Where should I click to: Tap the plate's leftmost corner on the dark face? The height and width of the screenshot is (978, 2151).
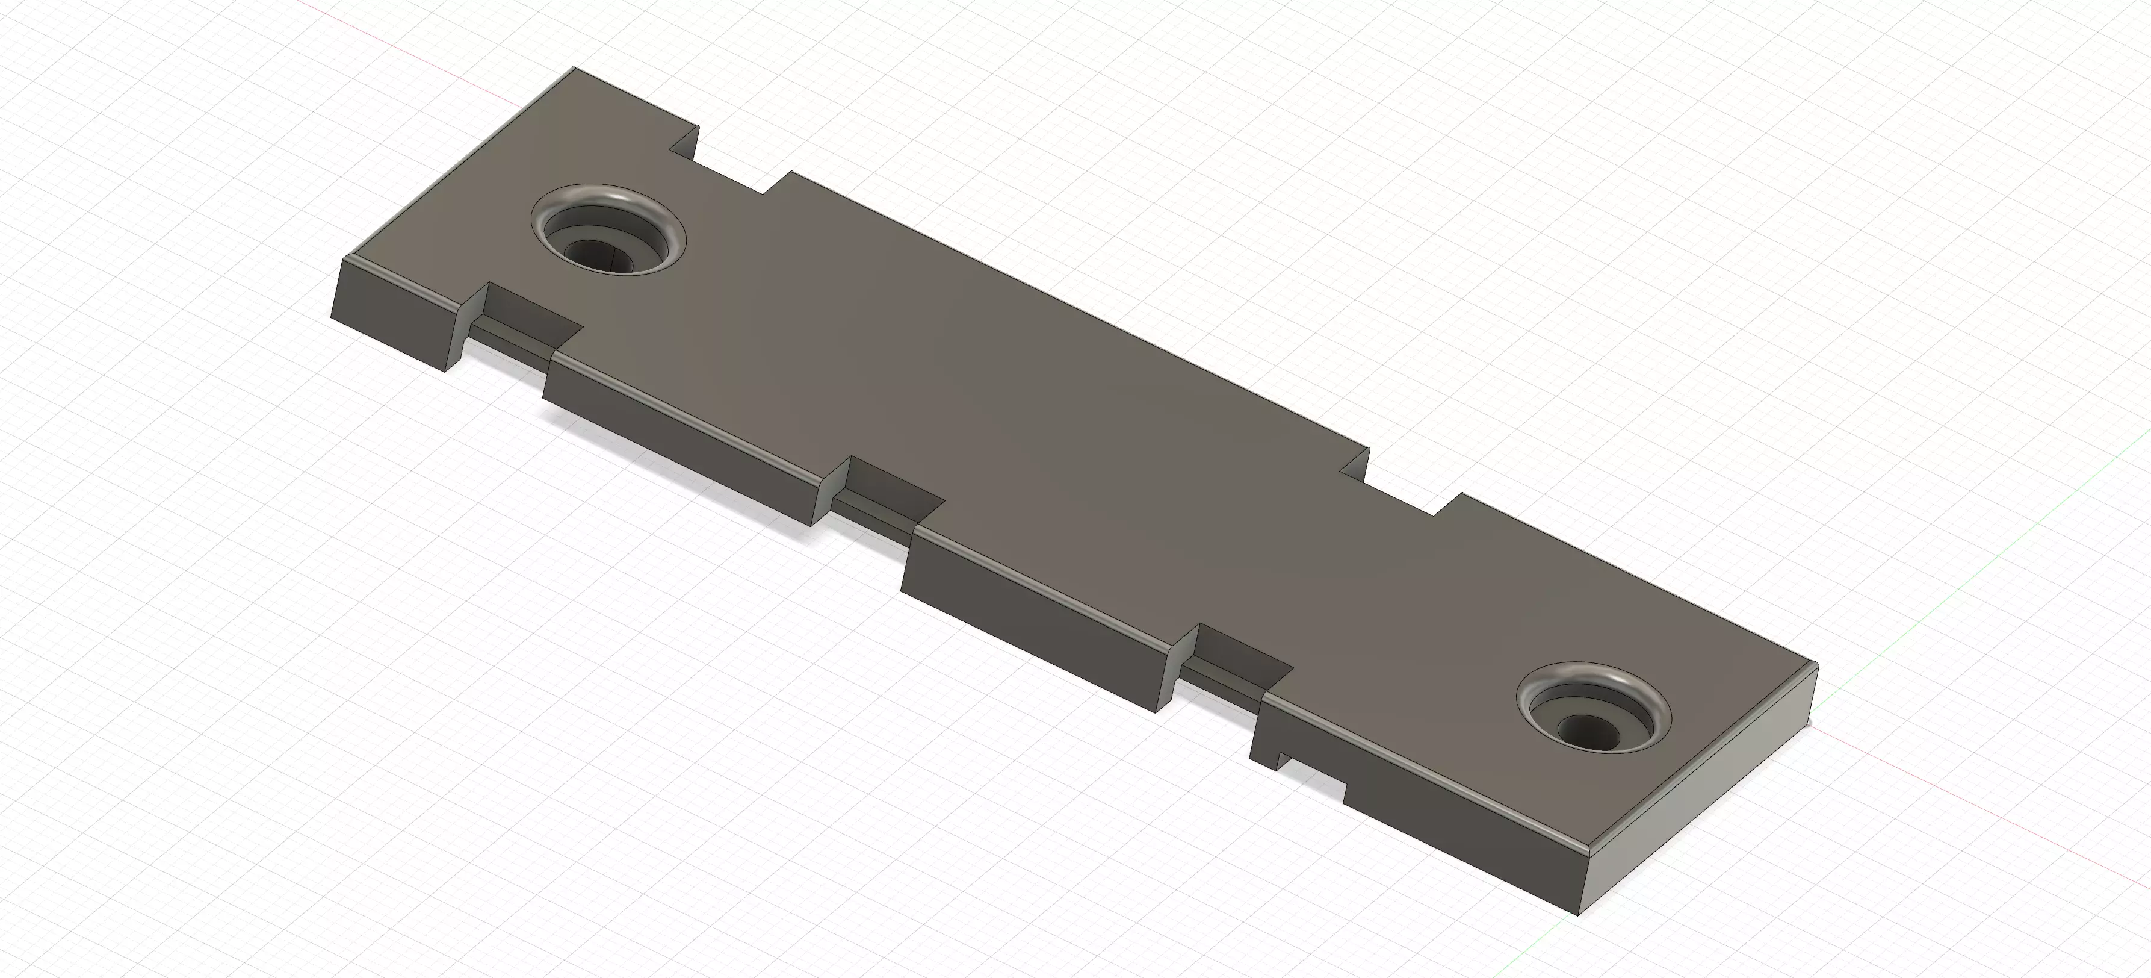(332, 317)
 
